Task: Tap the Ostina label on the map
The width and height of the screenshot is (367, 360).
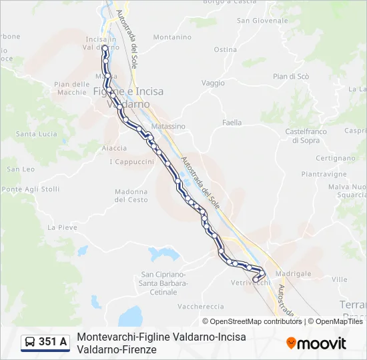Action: pos(226,49)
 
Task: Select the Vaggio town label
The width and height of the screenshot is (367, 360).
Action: pos(213,83)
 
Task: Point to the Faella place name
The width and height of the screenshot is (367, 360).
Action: pos(232,123)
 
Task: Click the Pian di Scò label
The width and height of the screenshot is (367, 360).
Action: pos(291,77)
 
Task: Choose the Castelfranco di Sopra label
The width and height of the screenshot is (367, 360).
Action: pos(306,136)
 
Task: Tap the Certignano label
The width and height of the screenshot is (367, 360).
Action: pos(334,158)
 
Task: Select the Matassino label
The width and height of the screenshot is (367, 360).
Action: pos(168,126)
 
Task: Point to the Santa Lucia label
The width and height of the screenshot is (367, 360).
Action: pos(37,134)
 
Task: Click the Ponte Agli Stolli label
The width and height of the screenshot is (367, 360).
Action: pos(31,189)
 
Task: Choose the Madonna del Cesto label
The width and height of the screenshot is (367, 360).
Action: pos(131,195)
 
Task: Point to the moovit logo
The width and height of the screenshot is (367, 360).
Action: pos(316,343)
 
